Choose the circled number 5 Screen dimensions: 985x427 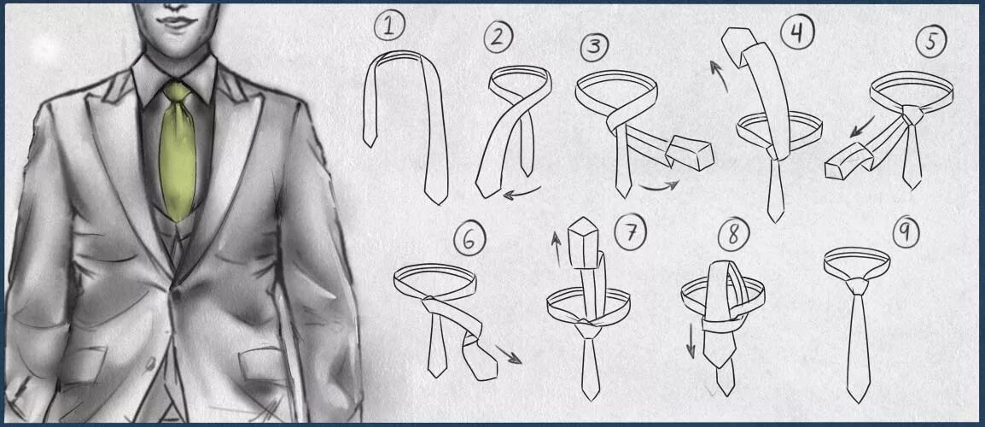click(x=930, y=43)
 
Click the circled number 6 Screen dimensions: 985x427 click(x=469, y=240)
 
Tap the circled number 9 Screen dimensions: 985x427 click(x=906, y=232)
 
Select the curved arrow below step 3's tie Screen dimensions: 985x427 click(x=659, y=187)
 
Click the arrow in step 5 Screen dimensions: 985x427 click(x=862, y=126)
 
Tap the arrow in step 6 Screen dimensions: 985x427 click(x=508, y=354)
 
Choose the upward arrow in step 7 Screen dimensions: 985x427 click(x=556, y=249)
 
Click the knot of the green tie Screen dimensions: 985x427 click(x=177, y=92)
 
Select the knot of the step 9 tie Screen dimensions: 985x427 click(x=857, y=286)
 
